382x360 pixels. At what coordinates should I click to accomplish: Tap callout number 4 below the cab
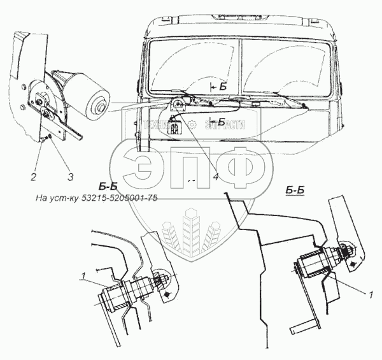click(216, 176)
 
